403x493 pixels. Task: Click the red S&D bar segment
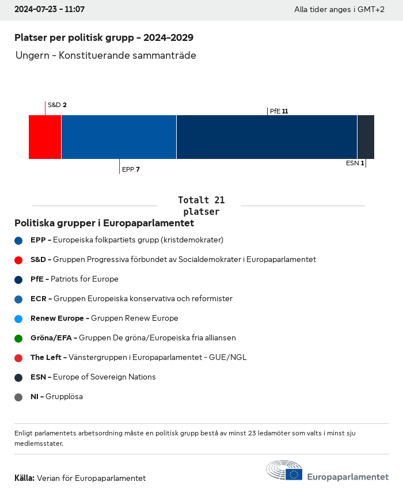(x=45, y=137)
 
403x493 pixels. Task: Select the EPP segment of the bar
(x=119, y=137)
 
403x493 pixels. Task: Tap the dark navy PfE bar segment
(x=267, y=137)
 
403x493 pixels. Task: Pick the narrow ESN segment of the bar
(x=366, y=137)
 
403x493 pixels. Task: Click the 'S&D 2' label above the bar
(x=57, y=105)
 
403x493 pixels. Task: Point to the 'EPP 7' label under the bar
(x=131, y=169)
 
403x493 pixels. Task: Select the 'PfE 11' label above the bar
(x=279, y=111)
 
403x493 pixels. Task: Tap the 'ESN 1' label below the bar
(x=355, y=163)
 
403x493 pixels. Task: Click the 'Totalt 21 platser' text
(x=201, y=206)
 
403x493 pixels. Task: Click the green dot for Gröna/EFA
(x=18, y=339)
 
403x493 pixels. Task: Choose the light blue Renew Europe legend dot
(x=18, y=319)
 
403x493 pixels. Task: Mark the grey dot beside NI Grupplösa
(x=18, y=397)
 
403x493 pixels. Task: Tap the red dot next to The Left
(x=18, y=358)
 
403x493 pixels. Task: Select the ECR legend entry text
(x=131, y=299)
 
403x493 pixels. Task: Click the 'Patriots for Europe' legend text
(x=84, y=279)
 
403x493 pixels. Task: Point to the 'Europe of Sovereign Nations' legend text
(x=104, y=377)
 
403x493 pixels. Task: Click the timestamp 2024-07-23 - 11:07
(x=50, y=10)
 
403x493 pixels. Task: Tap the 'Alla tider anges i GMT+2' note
(x=339, y=10)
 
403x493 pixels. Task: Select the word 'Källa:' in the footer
(x=24, y=478)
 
